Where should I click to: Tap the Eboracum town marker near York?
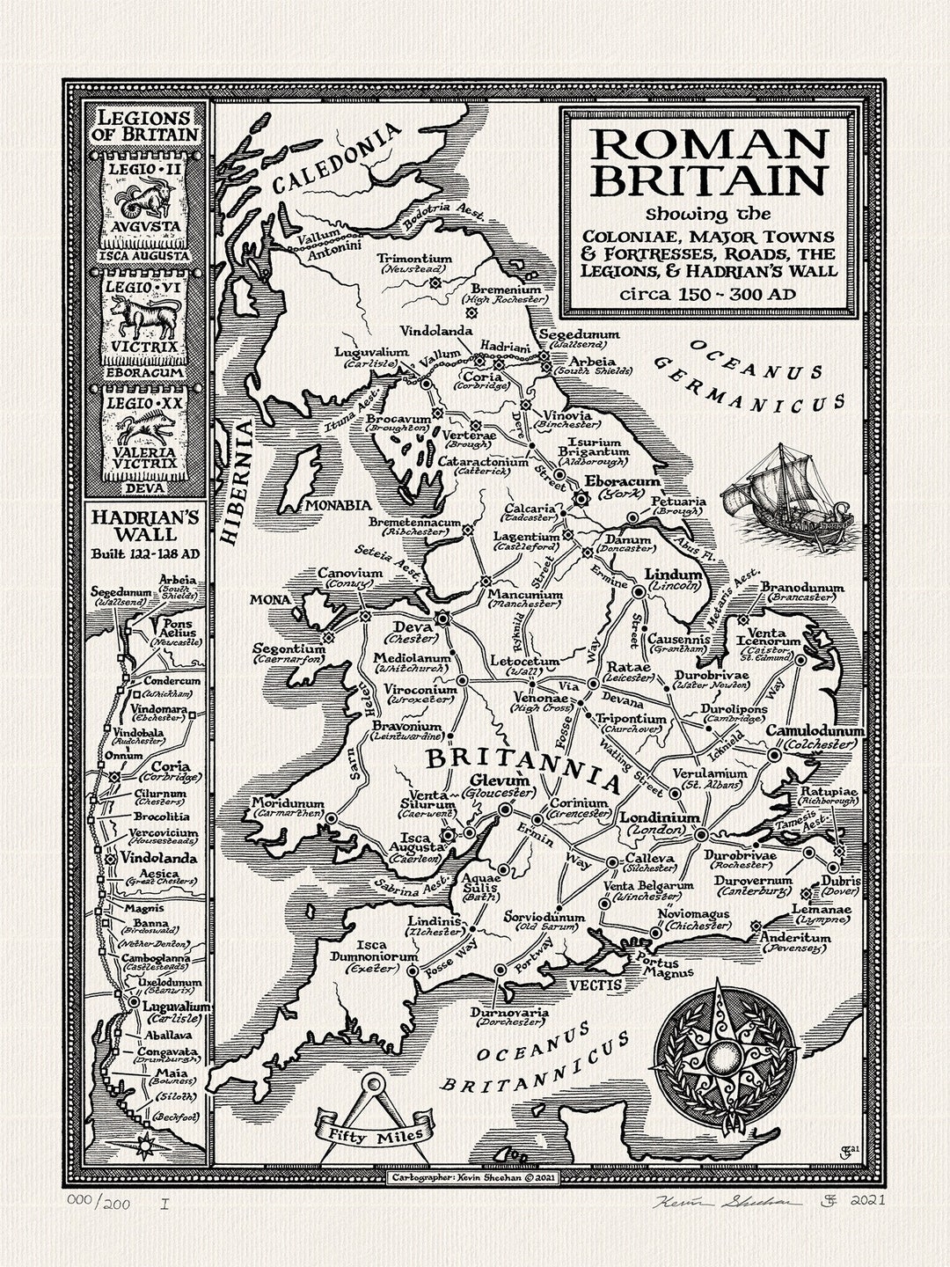tap(581, 498)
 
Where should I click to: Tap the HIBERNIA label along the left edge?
tap(237, 484)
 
